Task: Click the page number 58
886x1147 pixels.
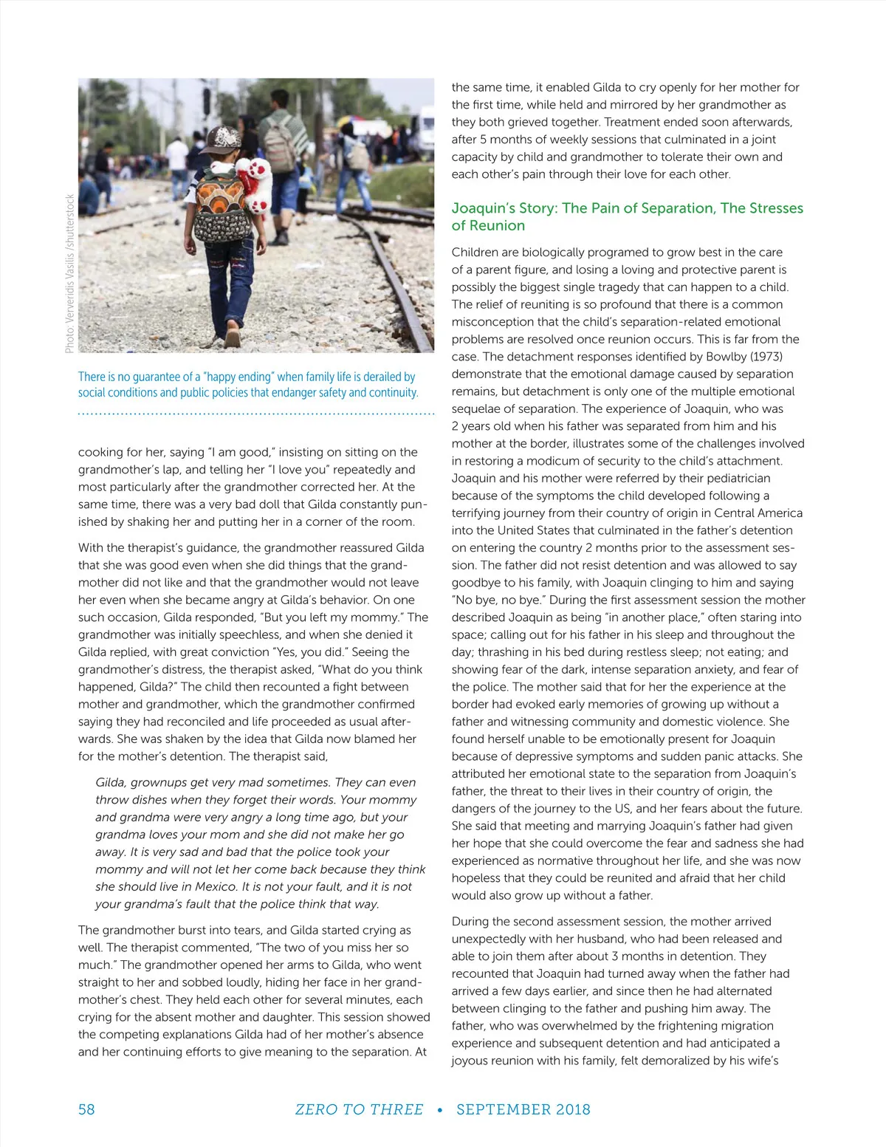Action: (x=86, y=1109)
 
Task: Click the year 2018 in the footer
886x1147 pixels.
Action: (x=573, y=1109)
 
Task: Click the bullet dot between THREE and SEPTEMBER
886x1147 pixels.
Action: (x=440, y=1110)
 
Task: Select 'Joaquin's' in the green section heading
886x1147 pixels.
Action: (x=483, y=208)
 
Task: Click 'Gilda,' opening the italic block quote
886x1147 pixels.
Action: (x=111, y=783)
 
